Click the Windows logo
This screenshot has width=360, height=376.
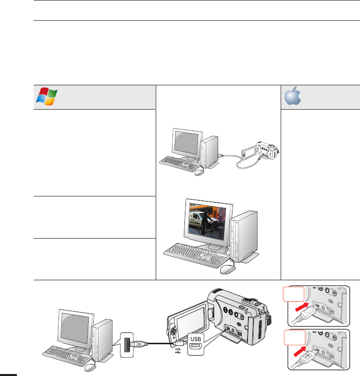pos(46,96)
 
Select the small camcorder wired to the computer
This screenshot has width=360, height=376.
pos(259,151)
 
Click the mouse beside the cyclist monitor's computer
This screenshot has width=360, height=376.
pos(228,269)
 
